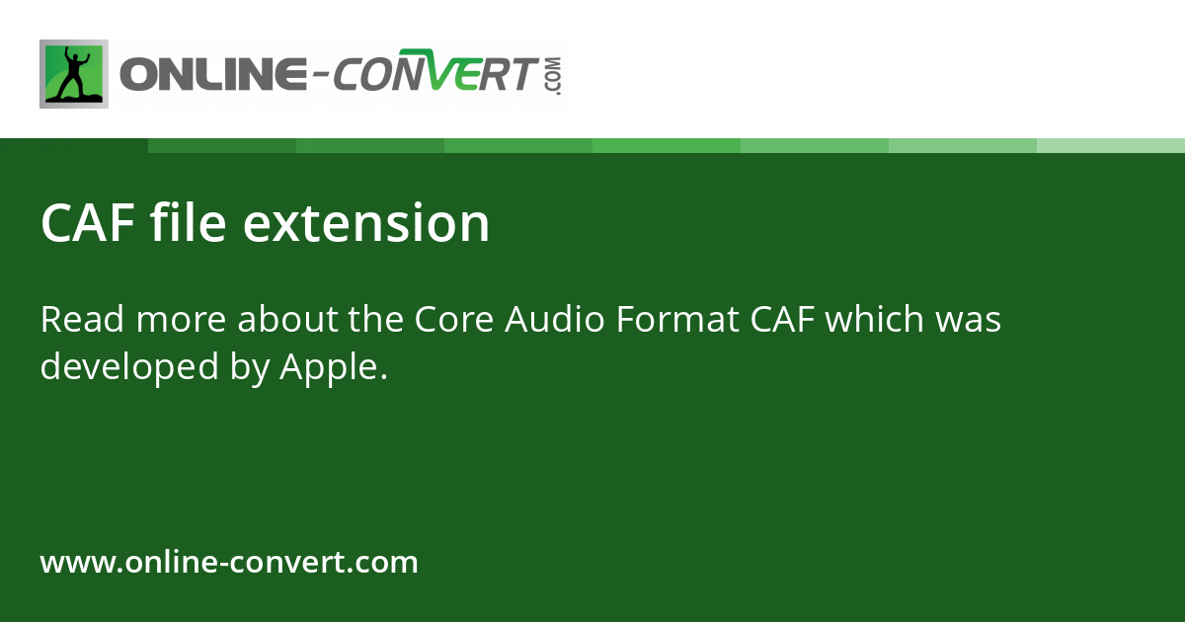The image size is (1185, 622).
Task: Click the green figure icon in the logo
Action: tap(73, 74)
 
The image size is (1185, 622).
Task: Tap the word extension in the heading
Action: tap(366, 223)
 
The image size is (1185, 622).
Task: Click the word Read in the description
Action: tap(81, 320)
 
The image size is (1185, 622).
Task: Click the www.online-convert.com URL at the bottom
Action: tap(229, 563)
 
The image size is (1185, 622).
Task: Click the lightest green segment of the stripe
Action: tap(1111, 145)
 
